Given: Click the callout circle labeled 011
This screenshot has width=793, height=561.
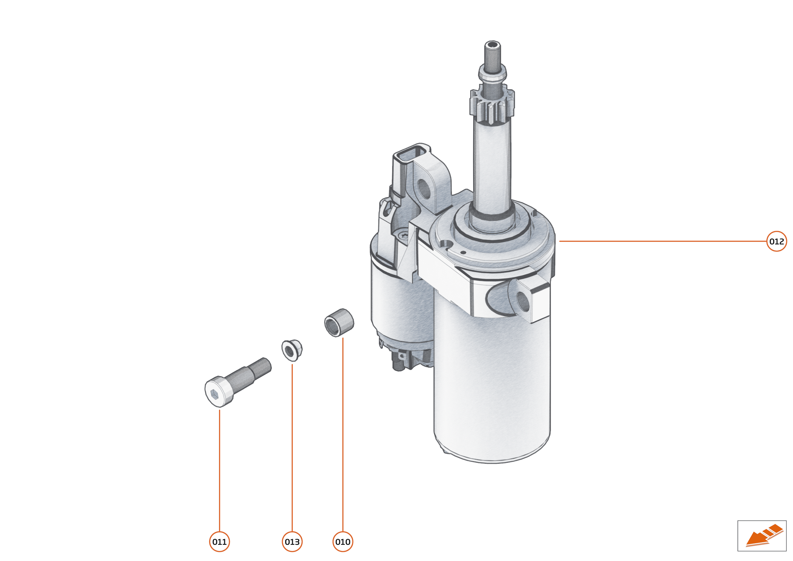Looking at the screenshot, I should pos(220,542).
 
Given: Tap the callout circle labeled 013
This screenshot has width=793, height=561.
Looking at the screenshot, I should pos(292,542).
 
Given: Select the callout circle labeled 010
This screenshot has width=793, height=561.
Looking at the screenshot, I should pos(343,542).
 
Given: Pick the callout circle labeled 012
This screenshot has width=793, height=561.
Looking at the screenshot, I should pos(777,241).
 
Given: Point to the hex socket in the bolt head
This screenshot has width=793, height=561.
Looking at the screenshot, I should pos(214,394).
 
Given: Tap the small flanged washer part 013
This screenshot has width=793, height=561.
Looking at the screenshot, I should pos(291,350).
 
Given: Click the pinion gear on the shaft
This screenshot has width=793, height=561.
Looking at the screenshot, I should pos(492,105).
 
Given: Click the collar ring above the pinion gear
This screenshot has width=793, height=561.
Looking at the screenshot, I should pos(492,74).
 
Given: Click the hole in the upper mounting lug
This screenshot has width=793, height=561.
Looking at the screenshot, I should pos(424,187).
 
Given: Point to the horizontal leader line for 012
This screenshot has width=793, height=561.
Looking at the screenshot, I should pos(657,241).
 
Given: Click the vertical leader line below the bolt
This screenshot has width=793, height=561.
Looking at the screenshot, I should pos(220,466).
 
